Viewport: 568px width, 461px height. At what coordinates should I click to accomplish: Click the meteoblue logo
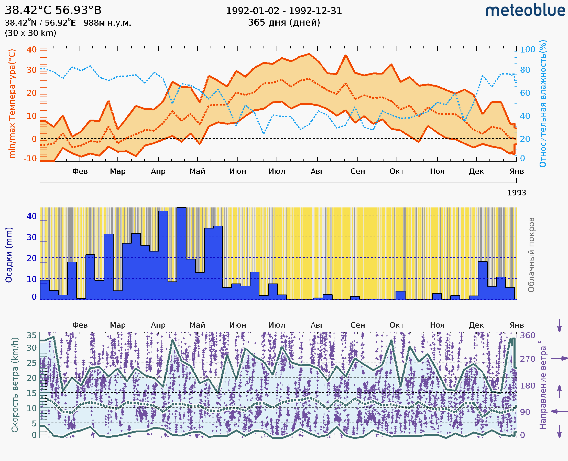(525, 11)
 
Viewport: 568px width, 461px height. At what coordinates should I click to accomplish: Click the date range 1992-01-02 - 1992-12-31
(284, 11)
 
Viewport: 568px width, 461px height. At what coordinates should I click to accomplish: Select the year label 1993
(516, 193)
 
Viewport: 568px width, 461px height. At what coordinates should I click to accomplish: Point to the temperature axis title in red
(12, 103)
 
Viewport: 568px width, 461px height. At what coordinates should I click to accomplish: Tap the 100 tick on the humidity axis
(527, 49)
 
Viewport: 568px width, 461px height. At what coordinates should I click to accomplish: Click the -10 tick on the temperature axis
(30, 159)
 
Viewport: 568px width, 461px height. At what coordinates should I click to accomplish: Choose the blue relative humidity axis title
(543, 103)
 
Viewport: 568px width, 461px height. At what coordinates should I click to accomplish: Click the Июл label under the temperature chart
(277, 171)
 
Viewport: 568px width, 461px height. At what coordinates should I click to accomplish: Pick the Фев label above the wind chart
(80, 325)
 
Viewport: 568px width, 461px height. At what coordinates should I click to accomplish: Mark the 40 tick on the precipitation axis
(31, 216)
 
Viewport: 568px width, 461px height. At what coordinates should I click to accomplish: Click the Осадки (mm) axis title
(9, 255)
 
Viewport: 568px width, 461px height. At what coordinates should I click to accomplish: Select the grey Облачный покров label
(531, 255)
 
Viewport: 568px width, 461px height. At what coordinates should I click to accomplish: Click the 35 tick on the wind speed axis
(31, 336)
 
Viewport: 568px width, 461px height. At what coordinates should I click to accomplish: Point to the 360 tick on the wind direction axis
(527, 336)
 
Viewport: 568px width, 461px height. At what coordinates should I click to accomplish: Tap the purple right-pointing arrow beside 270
(559, 359)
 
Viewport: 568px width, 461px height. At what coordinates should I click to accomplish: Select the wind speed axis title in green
(15, 385)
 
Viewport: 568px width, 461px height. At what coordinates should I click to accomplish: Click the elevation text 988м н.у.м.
(107, 23)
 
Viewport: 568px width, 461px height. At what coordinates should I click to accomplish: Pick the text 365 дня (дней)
(284, 23)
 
